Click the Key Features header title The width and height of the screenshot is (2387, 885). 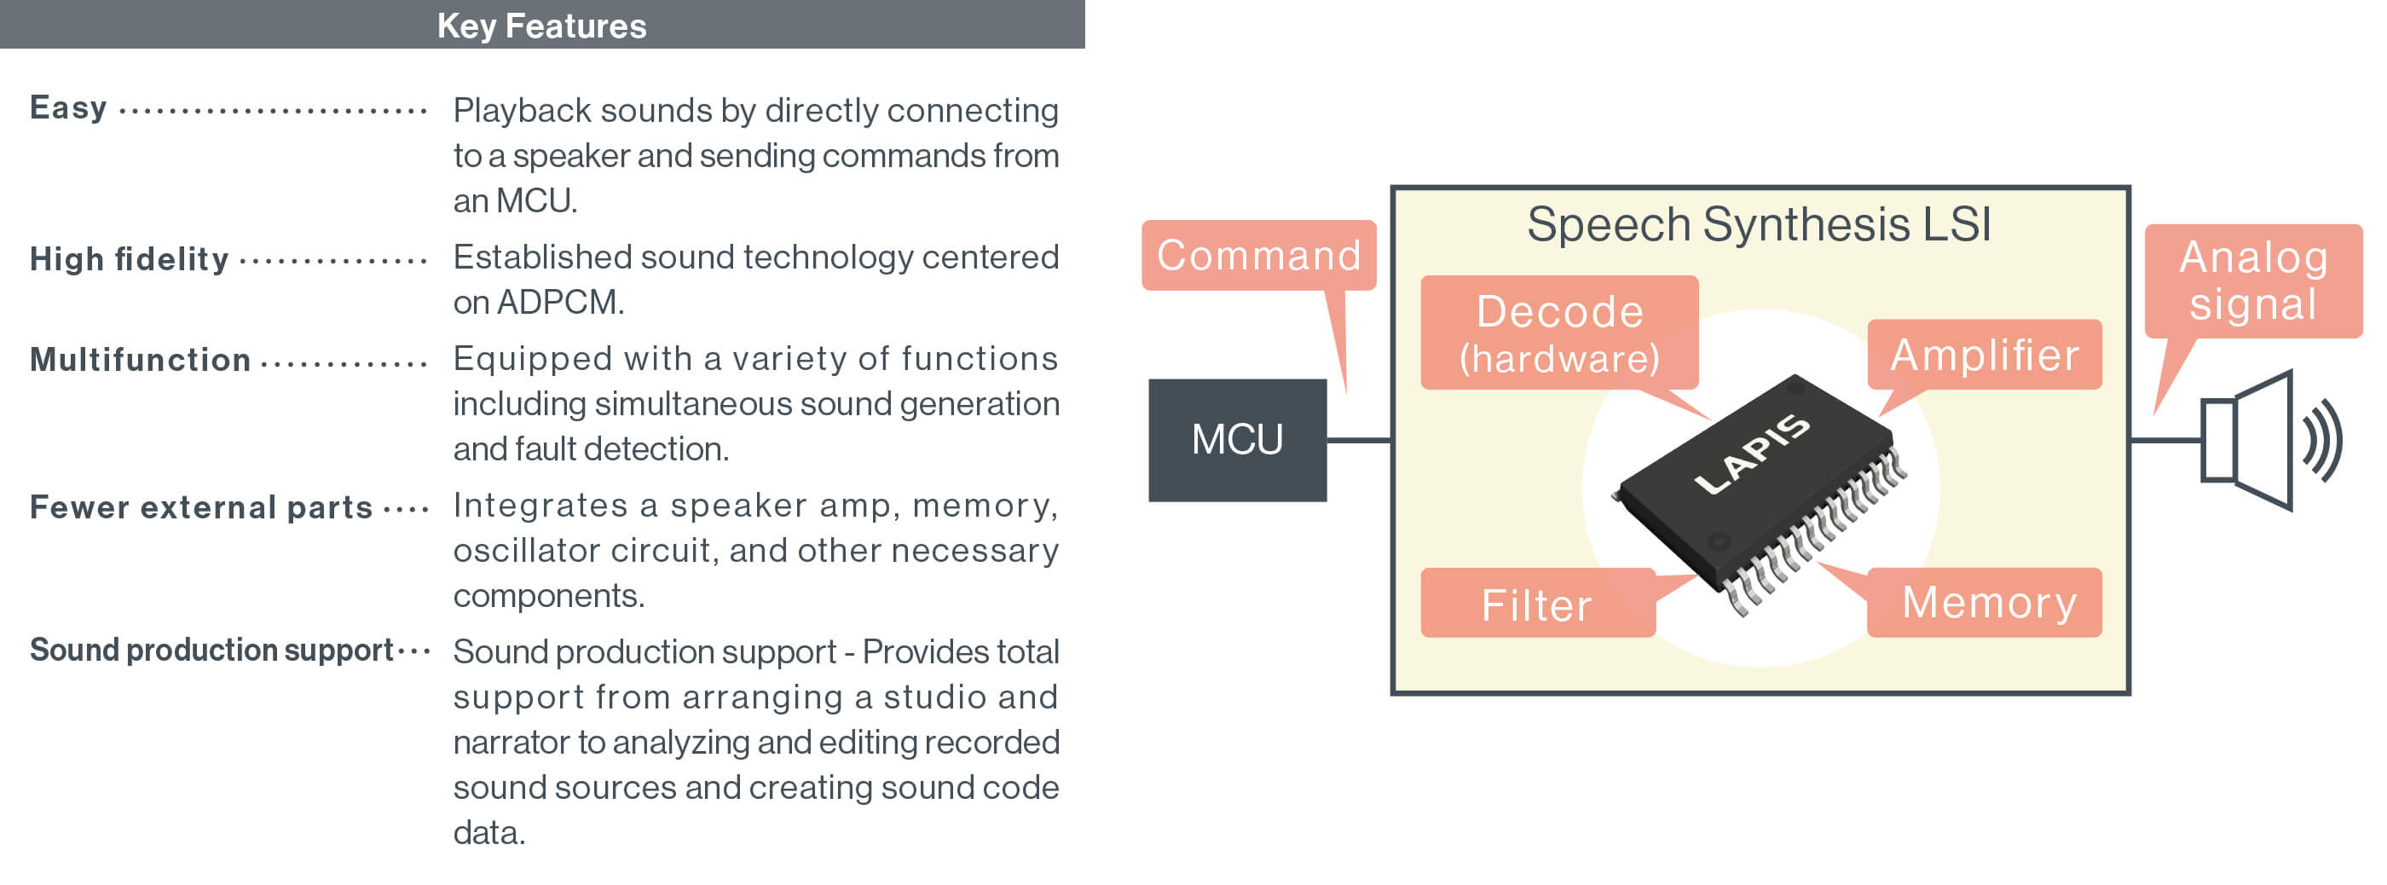541,25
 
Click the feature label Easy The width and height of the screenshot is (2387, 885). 68,107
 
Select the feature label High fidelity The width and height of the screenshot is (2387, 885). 129,258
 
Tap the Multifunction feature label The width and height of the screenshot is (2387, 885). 140,360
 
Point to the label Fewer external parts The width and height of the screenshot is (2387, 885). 201,507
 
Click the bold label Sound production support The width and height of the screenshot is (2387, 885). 211,650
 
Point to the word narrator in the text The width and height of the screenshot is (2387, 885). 511,743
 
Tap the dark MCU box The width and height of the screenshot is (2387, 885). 1237,439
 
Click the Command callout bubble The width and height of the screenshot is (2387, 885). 1258,255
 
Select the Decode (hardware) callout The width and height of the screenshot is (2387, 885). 1558,332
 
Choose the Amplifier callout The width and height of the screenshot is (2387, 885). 1984,354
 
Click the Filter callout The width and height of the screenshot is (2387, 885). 1536,604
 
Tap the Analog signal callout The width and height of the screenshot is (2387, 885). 2252,280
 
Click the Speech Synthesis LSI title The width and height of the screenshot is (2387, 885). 1758,224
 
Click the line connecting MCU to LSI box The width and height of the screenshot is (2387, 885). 1358,440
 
